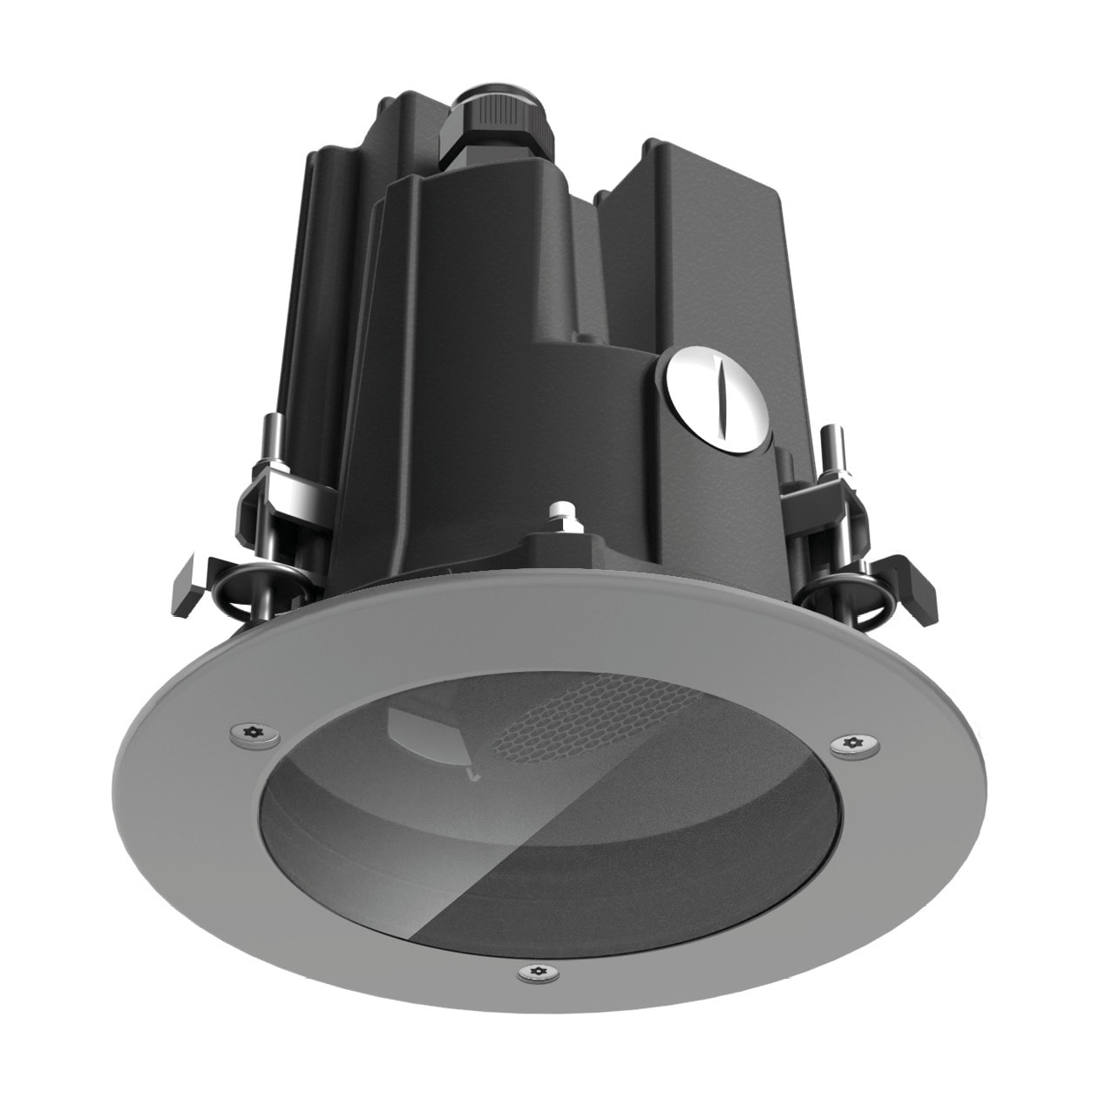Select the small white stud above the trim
click(x=561, y=513)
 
